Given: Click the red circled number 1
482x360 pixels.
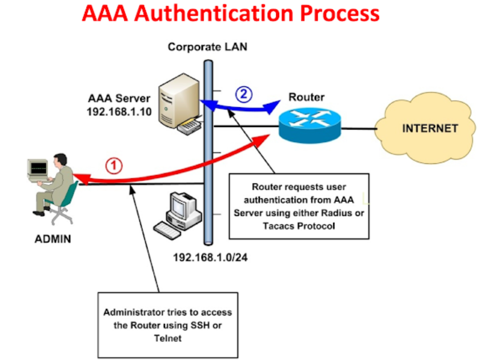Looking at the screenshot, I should pos(114,165).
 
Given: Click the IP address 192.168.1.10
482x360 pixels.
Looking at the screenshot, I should pos(119,111).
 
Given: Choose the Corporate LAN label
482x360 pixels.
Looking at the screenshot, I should pos(207,47).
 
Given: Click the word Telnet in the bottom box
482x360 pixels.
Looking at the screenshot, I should pos(167,338).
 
